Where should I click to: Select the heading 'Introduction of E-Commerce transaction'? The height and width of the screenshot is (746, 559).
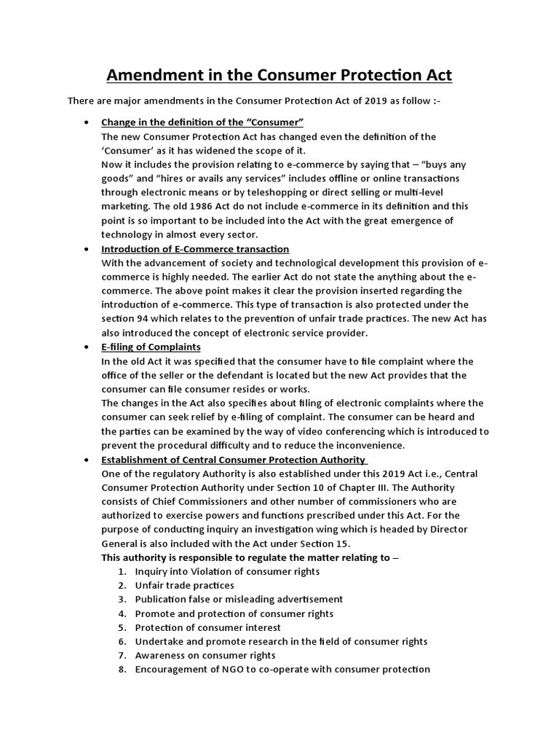point(195,249)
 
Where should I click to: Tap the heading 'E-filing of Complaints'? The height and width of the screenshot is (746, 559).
point(151,347)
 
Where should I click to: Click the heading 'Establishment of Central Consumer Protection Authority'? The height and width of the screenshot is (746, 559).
point(233,460)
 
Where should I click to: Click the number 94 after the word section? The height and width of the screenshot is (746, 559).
point(142,319)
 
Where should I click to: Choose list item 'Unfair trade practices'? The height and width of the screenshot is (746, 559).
point(185,586)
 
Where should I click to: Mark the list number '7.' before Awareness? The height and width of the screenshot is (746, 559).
point(122,656)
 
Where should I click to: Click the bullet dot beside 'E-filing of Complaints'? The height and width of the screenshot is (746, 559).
point(87,348)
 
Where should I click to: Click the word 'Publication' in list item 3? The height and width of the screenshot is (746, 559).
point(162,600)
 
